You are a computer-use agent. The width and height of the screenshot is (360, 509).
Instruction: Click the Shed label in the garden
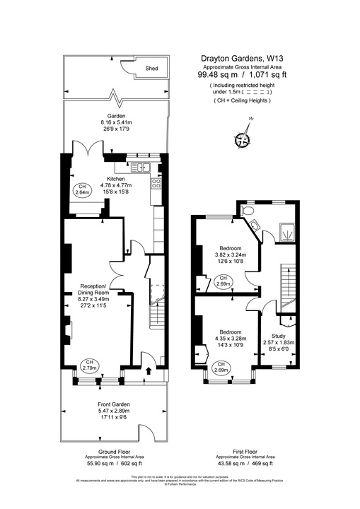click(151, 69)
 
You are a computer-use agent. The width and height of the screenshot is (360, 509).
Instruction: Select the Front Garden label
click(114, 404)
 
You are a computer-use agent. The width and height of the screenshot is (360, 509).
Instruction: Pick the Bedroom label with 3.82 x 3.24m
click(230, 249)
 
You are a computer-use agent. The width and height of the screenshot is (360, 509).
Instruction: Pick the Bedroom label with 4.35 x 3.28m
click(230, 332)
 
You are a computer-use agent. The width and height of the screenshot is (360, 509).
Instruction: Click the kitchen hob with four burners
click(156, 182)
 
